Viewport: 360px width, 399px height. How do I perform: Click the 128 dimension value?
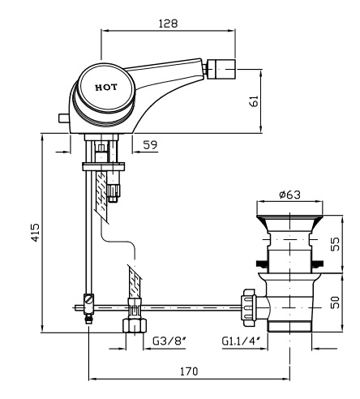168,24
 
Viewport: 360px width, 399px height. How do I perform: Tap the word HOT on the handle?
106,88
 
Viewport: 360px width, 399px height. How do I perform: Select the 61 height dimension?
255,101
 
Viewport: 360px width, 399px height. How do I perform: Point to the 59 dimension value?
150,145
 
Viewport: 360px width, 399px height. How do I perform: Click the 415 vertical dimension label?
35,233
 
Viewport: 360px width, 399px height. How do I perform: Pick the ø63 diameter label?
289,195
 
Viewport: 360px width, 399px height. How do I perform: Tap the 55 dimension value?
335,244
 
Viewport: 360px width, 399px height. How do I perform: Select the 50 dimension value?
335,302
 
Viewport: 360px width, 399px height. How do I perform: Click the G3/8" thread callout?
169,341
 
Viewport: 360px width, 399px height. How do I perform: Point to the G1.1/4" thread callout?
241,341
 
